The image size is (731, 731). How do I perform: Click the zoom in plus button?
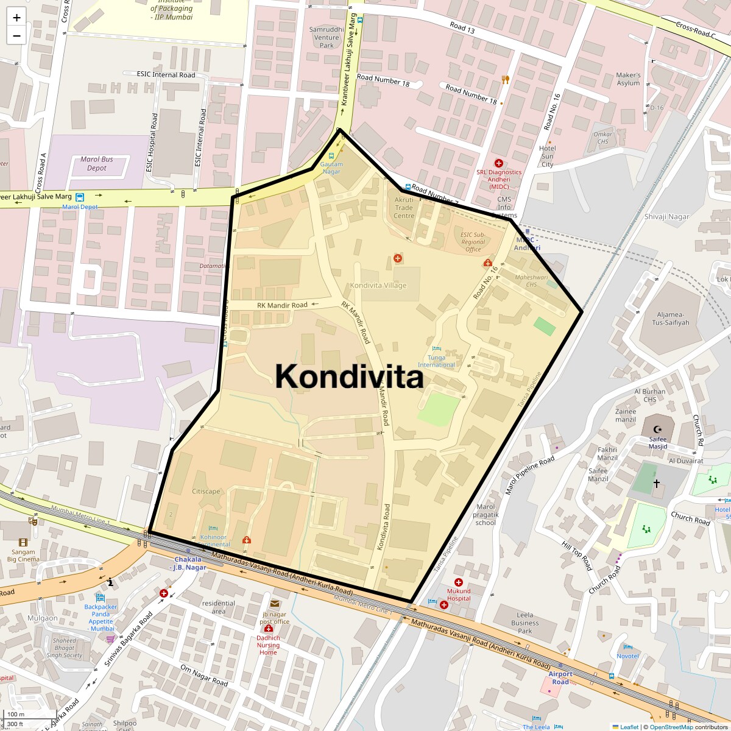[x=16, y=18]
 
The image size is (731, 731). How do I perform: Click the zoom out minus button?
[x=16, y=36]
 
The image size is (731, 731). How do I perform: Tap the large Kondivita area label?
[x=349, y=376]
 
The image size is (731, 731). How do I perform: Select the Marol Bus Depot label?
[x=97, y=163]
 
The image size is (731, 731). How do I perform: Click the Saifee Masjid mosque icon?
[x=657, y=429]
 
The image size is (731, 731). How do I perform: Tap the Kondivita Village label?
[x=378, y=285]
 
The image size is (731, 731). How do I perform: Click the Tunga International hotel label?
[x=436, y=361]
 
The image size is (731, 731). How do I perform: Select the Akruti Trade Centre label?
[x=403, y=208]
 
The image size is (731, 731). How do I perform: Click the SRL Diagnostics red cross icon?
[x=498, y=163]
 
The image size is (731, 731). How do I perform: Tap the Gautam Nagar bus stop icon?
[x=331, y=156]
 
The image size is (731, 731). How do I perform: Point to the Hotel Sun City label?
[x=547, y=156]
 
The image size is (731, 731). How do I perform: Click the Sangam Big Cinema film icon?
[x=23, y=542]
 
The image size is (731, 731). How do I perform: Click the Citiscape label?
[x=206, y=491]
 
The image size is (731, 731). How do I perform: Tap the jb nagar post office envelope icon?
[x=274, y=604]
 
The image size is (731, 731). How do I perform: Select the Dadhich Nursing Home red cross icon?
[x=268, y=628]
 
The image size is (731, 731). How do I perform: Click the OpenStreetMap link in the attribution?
[x=671, y=727]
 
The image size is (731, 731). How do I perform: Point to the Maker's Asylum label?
[x=628, y=79]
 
